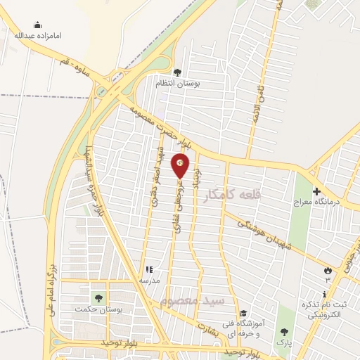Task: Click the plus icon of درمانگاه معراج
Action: click(x=316, y=191)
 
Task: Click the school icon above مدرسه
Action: click(x=148, y=269)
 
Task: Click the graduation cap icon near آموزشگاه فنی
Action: click(x=243, y=314)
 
